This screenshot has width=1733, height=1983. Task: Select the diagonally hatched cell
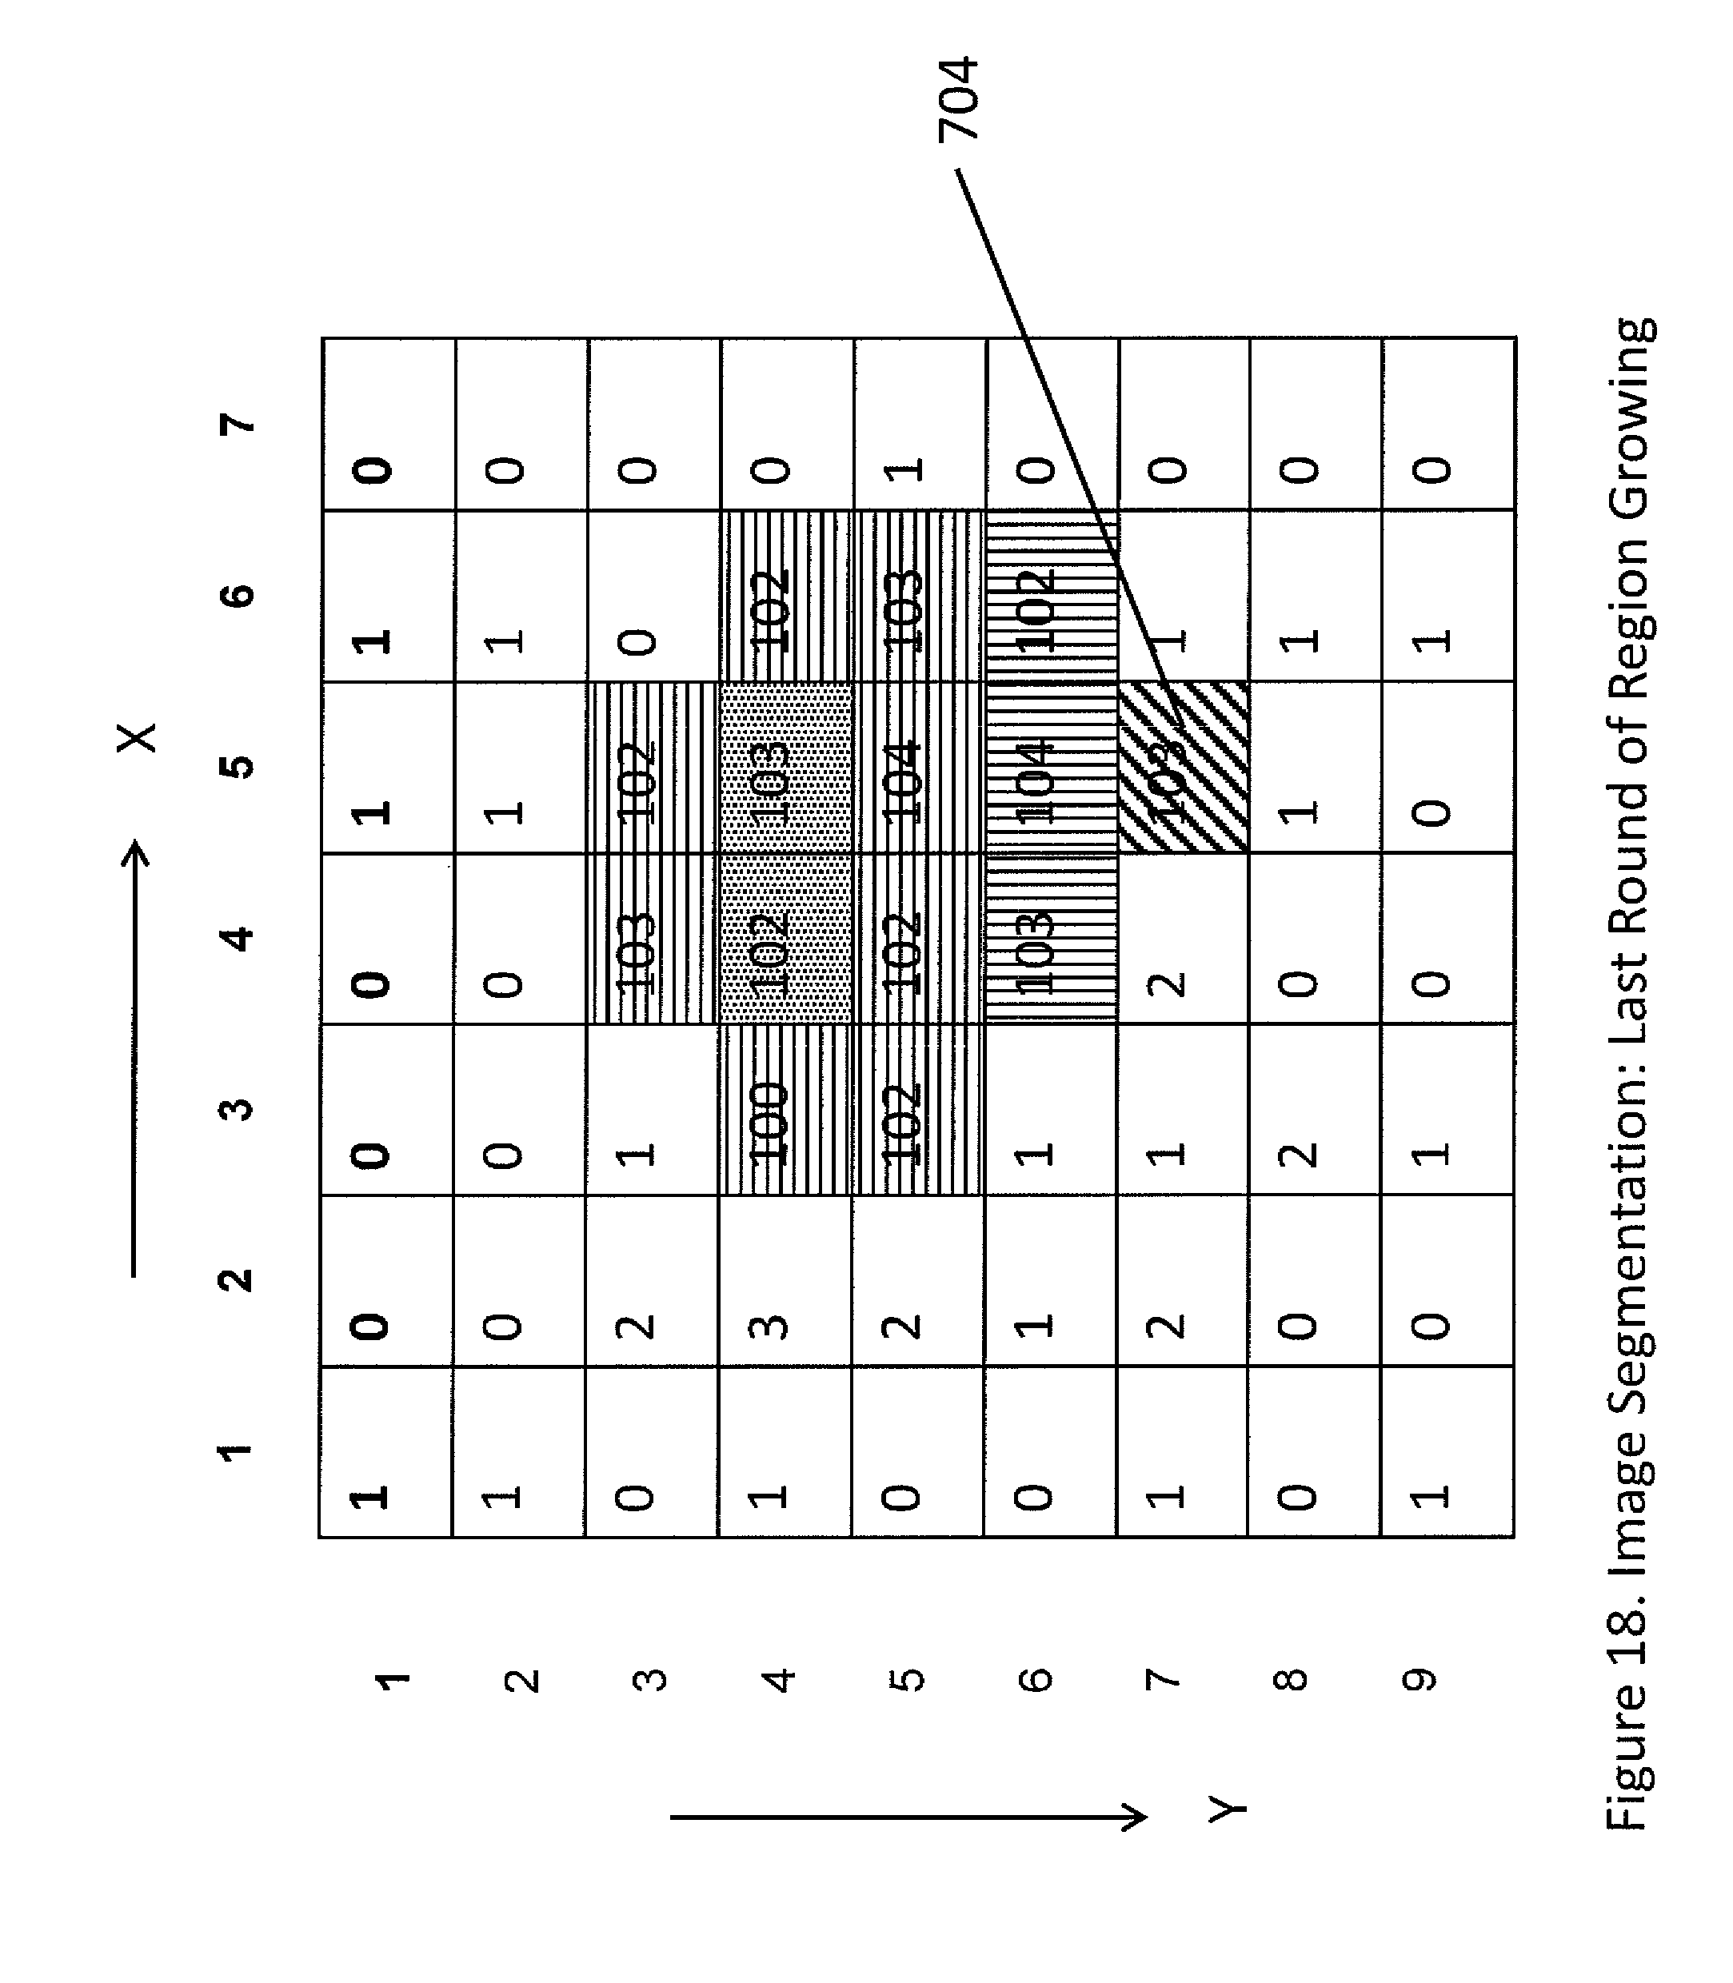tap(1183, 768)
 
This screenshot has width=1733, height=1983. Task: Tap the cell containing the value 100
tap(785, 1110)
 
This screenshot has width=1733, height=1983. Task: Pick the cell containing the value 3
tap(785, 1282)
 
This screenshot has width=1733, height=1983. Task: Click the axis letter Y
tap(1228, 1807)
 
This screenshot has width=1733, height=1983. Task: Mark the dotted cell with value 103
tap(785, 768)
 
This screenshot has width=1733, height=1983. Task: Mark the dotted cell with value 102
tap(785, 939)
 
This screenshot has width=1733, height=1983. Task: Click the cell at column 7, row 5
tap(919, 424)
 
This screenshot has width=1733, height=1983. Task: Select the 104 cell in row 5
tap(919, 768)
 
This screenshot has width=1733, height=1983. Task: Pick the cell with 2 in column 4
tap(1183, 939)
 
